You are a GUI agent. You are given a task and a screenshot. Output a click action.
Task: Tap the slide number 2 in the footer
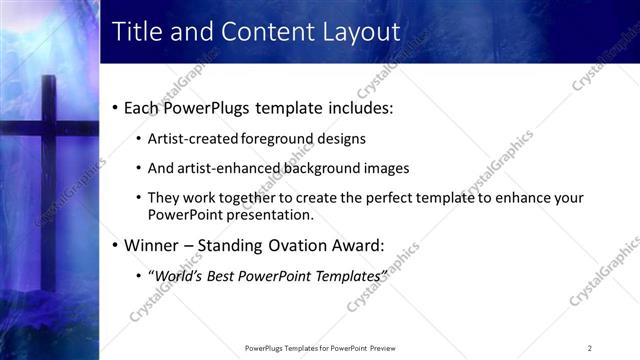tap(589, 348)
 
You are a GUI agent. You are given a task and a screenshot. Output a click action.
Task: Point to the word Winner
tap(153, 244)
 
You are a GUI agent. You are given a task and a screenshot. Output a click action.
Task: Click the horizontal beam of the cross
tap(45, 128)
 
